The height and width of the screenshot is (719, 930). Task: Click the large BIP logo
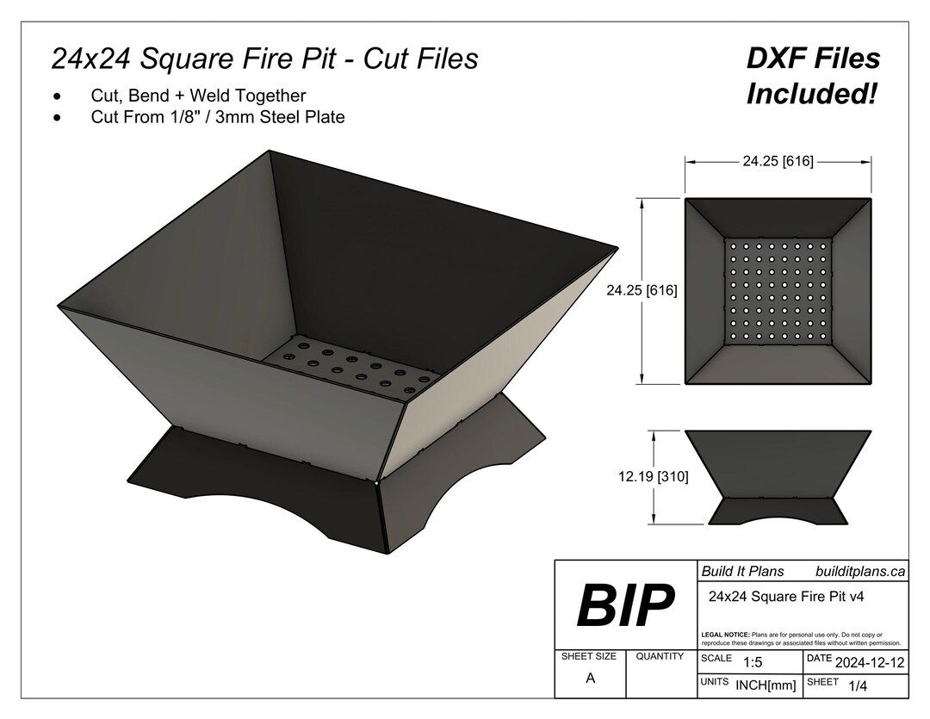pyautogui.click(x=625, y=605)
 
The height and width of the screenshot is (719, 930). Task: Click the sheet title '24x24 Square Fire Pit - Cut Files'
pyautogui.click(x=264, y=59)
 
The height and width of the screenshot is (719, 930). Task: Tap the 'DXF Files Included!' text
pyautogui.click(x=813, y=76)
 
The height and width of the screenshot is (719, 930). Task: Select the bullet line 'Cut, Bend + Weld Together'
pyautogui.click(x=198, y=96)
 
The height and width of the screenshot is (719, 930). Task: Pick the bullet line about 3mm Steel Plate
pyautogui.click(x=217, y=117)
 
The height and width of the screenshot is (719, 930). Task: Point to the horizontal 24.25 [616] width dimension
pyautogui.click(x=778, y=160)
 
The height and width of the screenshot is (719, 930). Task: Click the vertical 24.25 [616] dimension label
pyautogui.click(x=642, y=291)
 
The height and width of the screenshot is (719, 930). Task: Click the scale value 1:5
pyautogui.click(x=753, y=661)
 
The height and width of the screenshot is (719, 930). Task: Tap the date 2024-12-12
pyautogui.click(x=870, y=661)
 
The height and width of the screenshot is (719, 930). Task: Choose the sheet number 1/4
pyautogui.click(x=858, y=685)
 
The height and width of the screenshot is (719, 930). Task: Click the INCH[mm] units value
pyautogui.click(x=766, y=685)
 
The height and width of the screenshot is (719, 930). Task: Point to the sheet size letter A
pyautogui.click(x=590, y=678)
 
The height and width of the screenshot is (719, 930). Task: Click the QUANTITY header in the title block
pyautogui.click(x=660, y=656)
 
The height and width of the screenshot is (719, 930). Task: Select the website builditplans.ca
pyautogui.click(x=859, y=571)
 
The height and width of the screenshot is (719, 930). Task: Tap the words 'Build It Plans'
pyautogui.click(x=742, y=571)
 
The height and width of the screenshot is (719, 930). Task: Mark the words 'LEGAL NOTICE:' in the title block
pyautogui.click(x=726, y=635)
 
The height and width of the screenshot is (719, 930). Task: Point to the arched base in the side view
pyautogui.click(x=778, y=511)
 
